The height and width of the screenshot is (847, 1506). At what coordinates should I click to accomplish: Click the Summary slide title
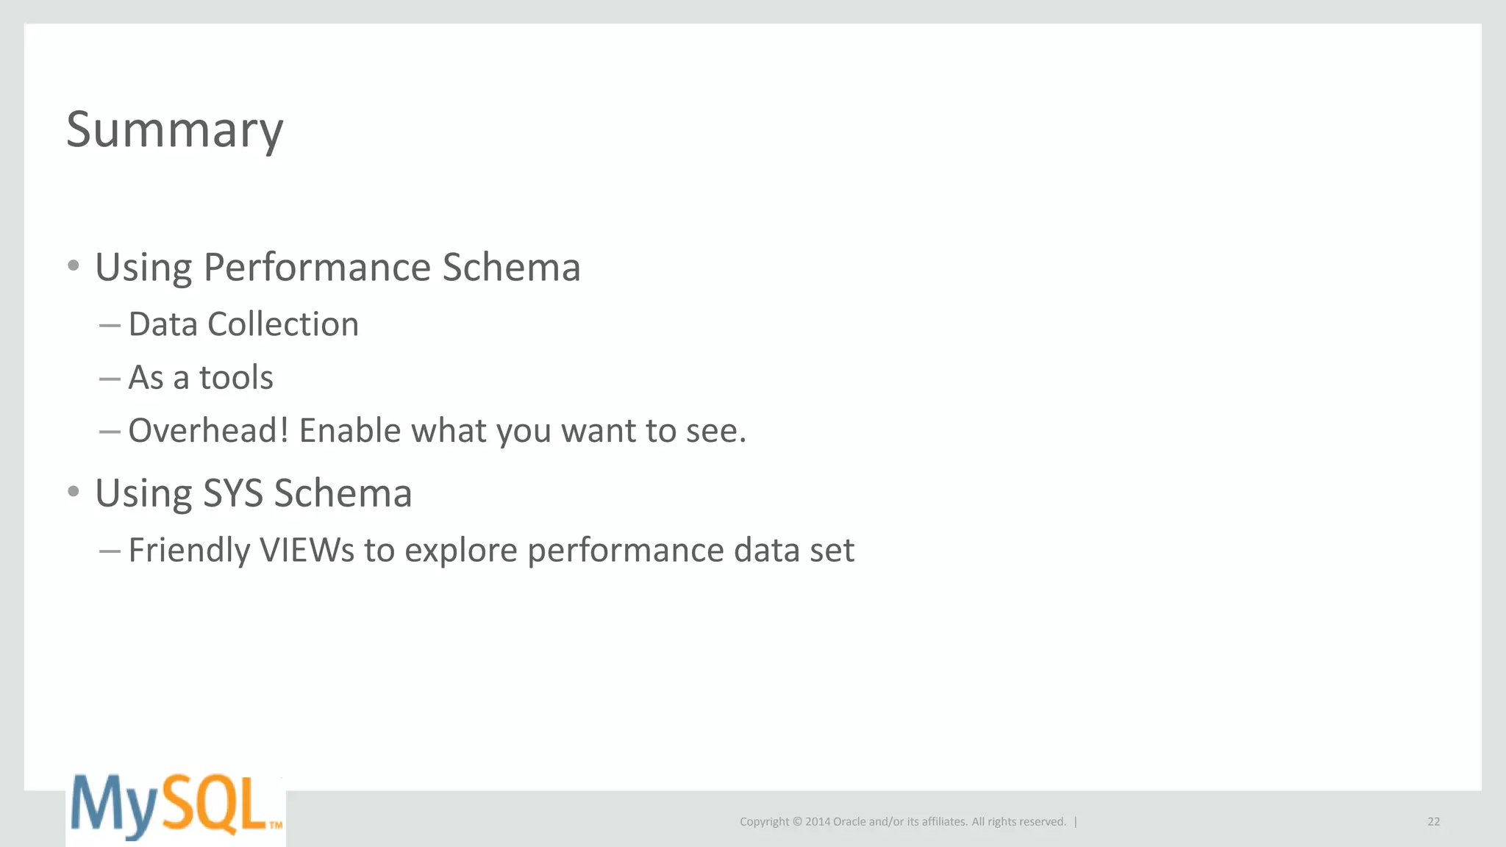174,130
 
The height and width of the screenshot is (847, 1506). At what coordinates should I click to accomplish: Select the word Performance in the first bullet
318,267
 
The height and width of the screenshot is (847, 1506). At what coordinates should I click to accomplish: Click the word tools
236,378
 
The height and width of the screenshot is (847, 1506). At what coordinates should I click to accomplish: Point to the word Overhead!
208,431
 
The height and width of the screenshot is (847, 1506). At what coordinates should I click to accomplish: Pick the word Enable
349,431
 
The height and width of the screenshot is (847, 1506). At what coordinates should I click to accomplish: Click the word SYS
232,493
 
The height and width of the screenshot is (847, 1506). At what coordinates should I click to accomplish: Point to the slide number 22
1433,822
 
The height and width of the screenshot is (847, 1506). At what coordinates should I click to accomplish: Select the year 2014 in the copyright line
817,822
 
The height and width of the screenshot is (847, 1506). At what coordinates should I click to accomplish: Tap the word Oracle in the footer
849,822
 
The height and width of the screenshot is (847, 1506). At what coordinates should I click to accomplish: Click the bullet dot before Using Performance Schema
73,265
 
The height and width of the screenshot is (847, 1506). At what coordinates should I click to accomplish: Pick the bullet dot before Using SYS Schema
73,491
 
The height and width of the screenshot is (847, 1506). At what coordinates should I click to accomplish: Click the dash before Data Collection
110,325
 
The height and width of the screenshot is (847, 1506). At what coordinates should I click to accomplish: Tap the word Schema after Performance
511,267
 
